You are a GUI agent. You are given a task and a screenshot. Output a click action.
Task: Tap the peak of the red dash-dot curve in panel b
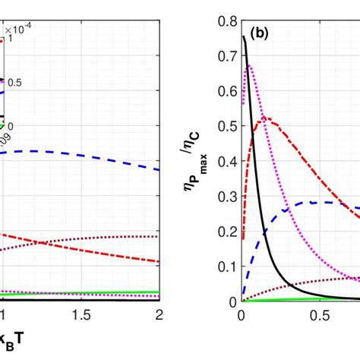[x=264, y=118]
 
